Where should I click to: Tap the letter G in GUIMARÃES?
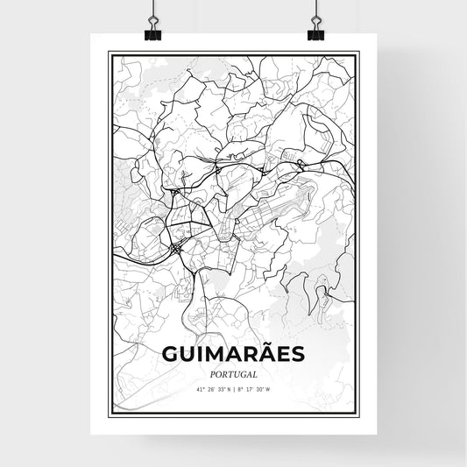pos(170,354)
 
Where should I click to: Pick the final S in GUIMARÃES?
pos(297,354)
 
